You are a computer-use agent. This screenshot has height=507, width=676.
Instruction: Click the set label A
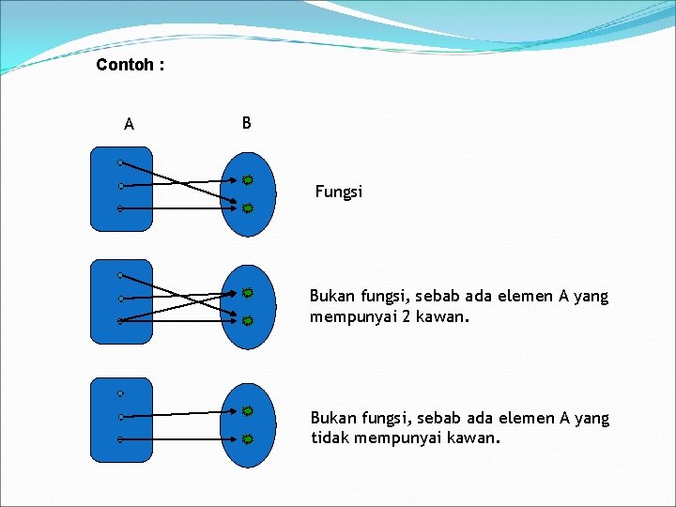coord(129,124)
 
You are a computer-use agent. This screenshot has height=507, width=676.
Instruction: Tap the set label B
coord(246,123)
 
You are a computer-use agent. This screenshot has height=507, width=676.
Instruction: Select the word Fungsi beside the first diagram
coord(338,192)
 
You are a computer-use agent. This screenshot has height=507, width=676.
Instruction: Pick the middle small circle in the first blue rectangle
coord(121,186)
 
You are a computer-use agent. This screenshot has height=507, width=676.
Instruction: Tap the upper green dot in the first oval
coord(247,179)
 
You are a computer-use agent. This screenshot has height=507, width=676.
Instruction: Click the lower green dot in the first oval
coord(247,207)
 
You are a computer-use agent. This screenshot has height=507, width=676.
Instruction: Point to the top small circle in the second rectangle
coord(121,276)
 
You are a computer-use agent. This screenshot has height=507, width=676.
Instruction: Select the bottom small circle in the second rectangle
coord(121,321)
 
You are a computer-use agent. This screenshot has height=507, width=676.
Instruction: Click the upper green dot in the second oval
coord(247,293)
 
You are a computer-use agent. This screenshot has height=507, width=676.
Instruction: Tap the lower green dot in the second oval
coord(247,320)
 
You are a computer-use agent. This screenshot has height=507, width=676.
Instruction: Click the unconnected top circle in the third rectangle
coord(121,393)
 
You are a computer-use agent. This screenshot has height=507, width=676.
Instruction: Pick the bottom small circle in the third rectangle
coord(121,439)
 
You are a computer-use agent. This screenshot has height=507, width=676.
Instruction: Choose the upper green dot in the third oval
coord(247,411)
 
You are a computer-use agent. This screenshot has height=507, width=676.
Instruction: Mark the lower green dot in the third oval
coord(247,438)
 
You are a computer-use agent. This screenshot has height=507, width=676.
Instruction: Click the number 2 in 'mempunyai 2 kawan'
coord(407,316)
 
